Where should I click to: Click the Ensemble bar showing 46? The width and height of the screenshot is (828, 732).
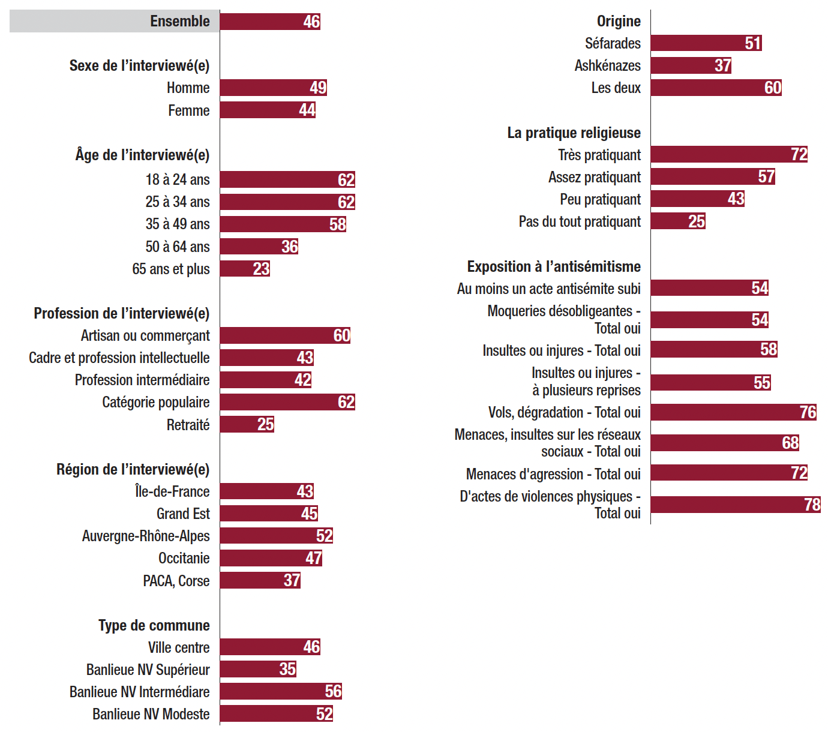tap(270, 22)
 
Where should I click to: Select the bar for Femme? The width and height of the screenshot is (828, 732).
tap(268, 110)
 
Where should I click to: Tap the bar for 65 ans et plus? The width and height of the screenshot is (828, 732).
tap(245, 268)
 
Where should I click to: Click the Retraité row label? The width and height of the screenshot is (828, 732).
tap(188, 425)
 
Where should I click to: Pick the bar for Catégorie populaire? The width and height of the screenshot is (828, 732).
tap(287, 402)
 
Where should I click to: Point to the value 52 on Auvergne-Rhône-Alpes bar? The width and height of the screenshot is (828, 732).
tap(325, 536)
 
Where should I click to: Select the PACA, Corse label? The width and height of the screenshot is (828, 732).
tap(176, 581)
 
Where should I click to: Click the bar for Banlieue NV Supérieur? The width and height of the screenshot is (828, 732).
tap(258, 669)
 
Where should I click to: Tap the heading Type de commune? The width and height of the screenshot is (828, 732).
tap(154, 625)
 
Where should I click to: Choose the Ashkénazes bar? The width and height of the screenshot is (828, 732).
tap(691, 65)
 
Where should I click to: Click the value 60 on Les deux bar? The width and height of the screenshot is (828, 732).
tap(773, 88)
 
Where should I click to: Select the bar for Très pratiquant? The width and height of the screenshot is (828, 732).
tap(729, 154)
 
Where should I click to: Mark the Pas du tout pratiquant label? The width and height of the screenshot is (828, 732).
tap(580, 222)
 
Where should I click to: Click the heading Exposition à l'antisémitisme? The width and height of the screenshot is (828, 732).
tap(554, 266)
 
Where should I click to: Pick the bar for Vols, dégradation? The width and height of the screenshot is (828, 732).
tap(733, 412)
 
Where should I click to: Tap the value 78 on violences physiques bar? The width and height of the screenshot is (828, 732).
tap(812, 505)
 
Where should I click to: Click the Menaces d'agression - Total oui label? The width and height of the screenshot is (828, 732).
tap(553, 474)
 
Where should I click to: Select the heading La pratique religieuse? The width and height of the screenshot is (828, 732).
tap(574, 133)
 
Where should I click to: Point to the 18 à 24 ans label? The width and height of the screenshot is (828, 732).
tap(177, 179)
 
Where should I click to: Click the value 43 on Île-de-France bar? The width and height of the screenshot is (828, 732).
tap(305, 491)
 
